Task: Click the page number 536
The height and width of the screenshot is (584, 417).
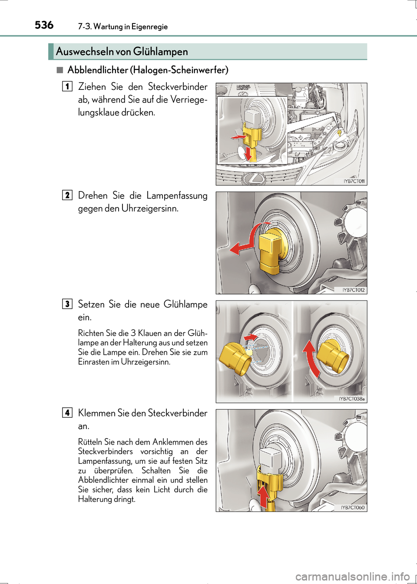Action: [x=44, y=25]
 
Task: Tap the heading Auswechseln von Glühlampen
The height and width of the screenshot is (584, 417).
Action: [x=122, y=52]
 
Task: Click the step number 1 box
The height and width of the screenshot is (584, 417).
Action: [x=67, y=86]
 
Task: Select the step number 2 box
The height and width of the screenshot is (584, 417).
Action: [x=67, y=195]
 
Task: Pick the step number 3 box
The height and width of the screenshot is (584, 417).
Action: [x=67, y=304]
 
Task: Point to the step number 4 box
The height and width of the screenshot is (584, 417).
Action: [x=67, y=412]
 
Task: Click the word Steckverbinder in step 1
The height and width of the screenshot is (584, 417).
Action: [x=178, y=87]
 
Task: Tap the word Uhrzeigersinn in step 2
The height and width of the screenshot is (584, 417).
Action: [x=150, y=208]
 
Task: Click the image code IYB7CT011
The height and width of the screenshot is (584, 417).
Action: [x=354, y=181]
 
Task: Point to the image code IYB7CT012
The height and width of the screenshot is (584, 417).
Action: [x=354, y=290]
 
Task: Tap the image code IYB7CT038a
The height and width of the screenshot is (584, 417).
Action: [x=352, y=399]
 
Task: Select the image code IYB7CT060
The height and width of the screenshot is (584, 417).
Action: [x=353, y=507]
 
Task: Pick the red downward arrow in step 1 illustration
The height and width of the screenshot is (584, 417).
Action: [x=248, y=153]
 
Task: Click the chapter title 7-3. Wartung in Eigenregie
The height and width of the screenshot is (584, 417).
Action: [x=123, y=26]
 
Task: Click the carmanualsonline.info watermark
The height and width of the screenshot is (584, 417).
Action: [x=352, y=577]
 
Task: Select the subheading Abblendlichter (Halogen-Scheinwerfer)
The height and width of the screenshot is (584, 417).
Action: [x=148, y=70]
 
